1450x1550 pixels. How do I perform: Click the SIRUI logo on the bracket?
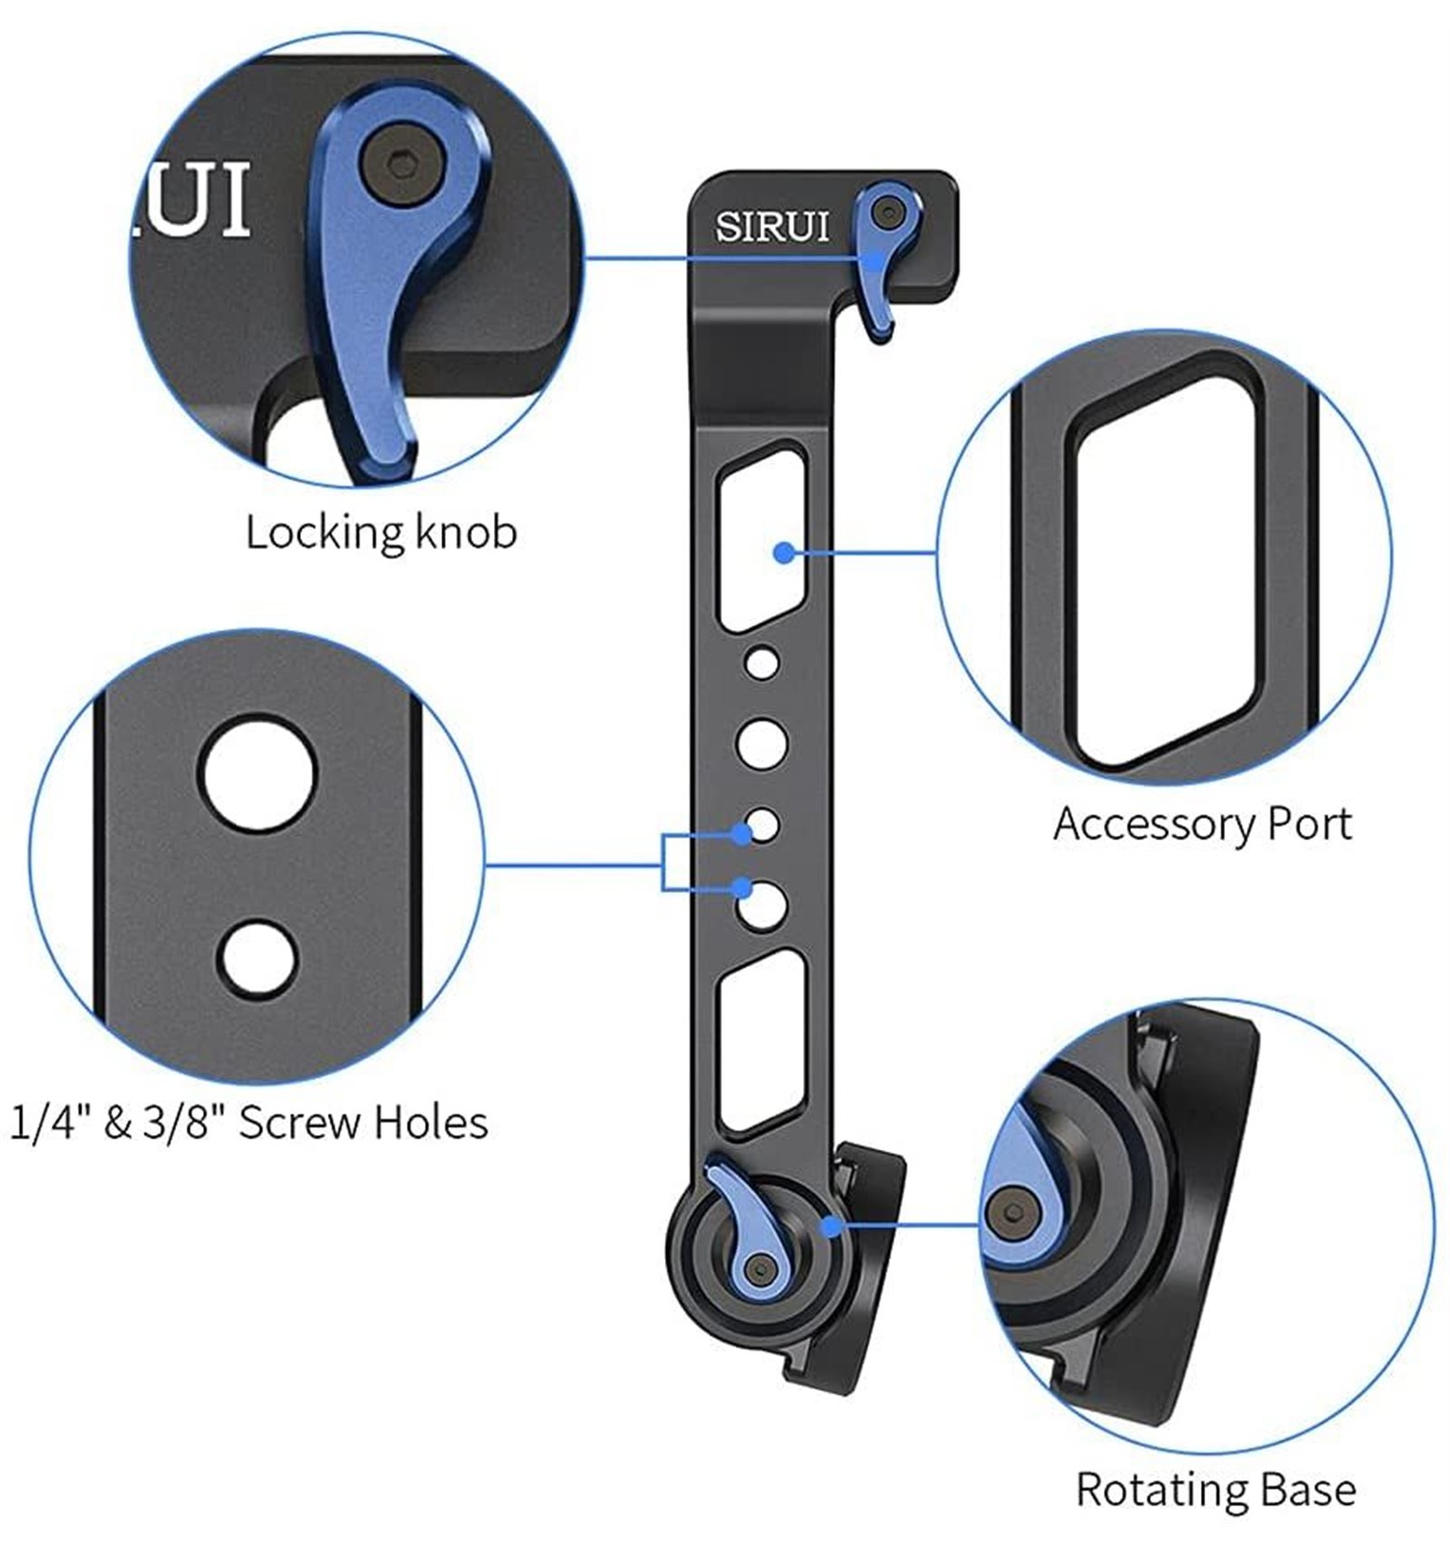point(772,226)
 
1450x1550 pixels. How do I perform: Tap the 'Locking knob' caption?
point(381,532)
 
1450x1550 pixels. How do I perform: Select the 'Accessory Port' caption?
point(1202,825)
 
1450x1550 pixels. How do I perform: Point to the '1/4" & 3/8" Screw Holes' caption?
point(248,1122)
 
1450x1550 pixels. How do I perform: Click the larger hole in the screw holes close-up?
point(258,776)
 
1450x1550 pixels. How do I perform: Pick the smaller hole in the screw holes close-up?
point(258,958)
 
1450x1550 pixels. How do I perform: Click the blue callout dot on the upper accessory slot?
point(785,551)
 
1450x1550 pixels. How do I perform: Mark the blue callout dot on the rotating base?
point(830,1225)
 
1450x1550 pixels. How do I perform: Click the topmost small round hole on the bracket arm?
point(762,663)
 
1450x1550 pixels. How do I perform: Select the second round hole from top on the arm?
point(762,743)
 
